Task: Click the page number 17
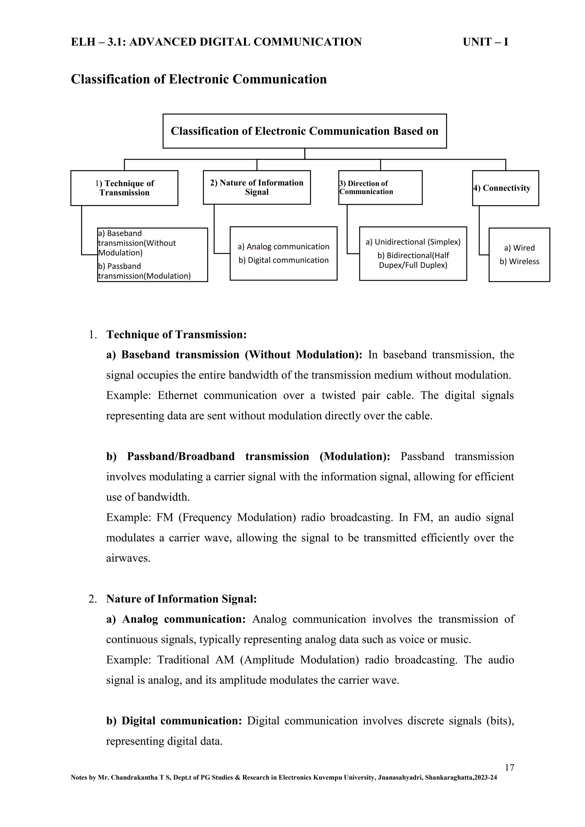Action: click(509, 768)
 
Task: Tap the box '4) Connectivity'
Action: click(505, 188)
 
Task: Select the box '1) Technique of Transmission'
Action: click(124, 188)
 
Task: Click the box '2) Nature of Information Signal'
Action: click(257, 187)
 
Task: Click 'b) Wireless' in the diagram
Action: click(519, 262)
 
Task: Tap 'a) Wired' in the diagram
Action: click(519, 248)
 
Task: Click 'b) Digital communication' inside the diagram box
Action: click(283, 260)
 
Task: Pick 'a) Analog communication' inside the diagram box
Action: click(283, 247)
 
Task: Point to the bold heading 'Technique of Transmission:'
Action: click(176, 335)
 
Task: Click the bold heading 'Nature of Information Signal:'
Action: click(181, 599)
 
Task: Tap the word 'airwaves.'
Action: click(128, 558)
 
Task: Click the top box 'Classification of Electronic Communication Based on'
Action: click(304, 131)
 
